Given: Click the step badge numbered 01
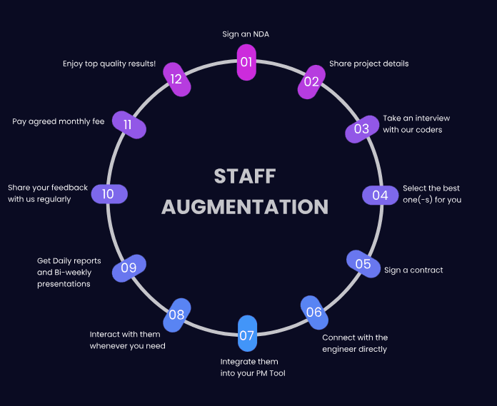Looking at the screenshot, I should pos(246,62).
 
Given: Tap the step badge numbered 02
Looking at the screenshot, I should pos(311,81).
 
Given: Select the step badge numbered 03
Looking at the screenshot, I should pos(361,129).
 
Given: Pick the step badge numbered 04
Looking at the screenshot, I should pos(380,195).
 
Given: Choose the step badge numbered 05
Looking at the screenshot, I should pos(363,264).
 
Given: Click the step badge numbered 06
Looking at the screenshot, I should pos(314,312).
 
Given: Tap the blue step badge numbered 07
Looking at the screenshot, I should pos(246,335).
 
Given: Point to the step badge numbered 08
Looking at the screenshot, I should pos(176,315).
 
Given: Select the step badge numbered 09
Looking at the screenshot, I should pos(129,268).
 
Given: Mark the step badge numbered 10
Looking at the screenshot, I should pos(109,194).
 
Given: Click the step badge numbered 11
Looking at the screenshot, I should pos(129,125).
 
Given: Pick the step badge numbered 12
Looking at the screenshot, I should pos(176,78).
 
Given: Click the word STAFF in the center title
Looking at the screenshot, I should pos(245,176).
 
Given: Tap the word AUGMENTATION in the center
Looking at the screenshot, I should pos(245,207).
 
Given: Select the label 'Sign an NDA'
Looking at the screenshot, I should pos(246,34).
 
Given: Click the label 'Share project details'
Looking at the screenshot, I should pos(368,64).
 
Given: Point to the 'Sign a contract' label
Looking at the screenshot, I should pos(413,270).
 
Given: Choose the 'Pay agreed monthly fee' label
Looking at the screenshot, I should pos(59,121).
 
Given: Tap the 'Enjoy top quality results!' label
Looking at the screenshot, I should pos(109,64).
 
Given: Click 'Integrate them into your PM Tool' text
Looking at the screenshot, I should pos(253,367).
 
